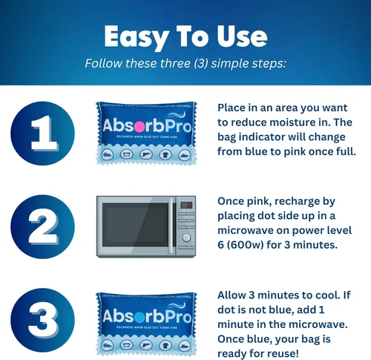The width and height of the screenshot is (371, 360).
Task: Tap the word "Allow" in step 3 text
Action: click(x=234, y=296)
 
